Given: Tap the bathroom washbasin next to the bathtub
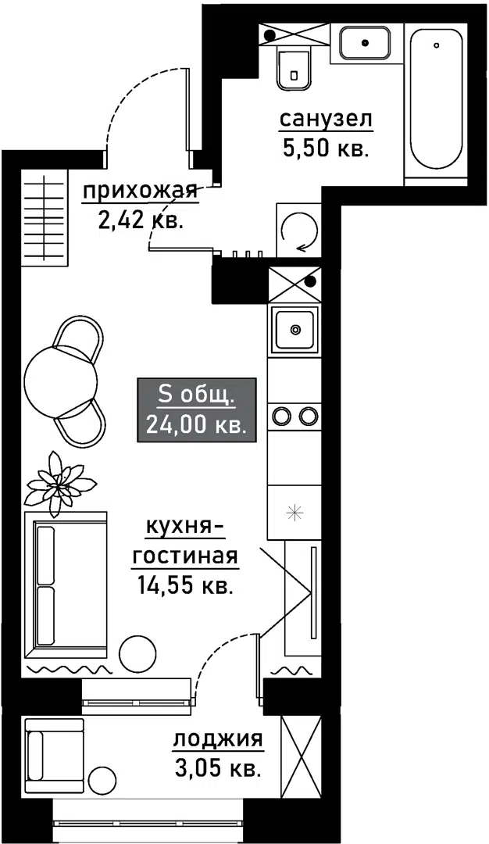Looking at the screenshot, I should [365, 42].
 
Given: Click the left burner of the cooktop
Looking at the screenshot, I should [281, 415].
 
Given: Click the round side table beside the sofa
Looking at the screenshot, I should [137, 653].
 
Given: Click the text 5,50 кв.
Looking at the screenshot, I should [326, 148].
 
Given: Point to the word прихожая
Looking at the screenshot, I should [139, 191].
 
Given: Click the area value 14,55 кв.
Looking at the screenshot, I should [184, 584].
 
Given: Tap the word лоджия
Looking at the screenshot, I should [218, 739].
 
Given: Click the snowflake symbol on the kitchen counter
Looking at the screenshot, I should [294, 513].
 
